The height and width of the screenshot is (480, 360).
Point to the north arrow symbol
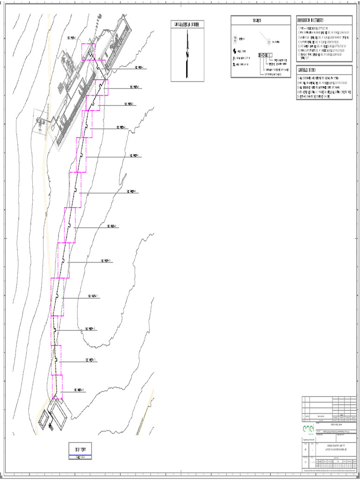[187, 54]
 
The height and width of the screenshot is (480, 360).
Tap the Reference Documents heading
[311, 21]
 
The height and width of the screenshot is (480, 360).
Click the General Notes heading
[307, 70]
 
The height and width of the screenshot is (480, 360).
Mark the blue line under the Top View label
[80, 456]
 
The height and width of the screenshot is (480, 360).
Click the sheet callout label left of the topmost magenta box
[73, 38]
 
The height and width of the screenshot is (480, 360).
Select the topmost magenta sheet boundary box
[88, 52]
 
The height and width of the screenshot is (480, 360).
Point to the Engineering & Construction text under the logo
[310, 438]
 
